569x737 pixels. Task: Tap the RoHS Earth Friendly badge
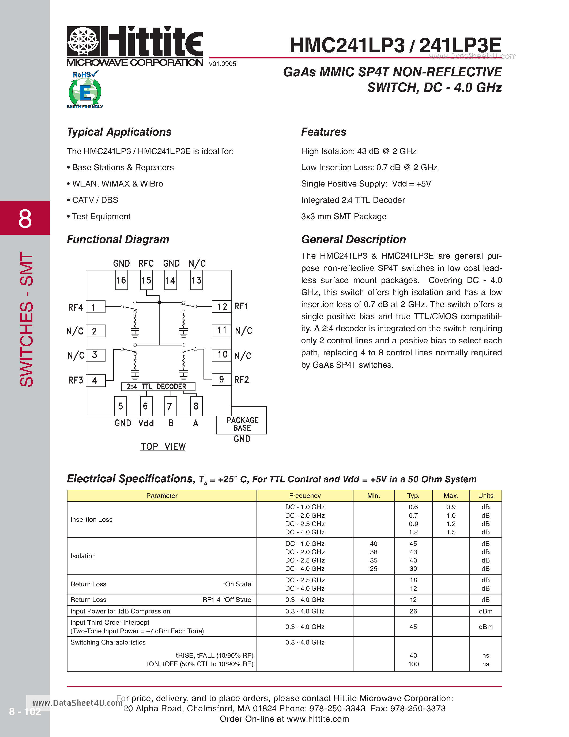coord(85,90)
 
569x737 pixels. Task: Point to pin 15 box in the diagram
coord(146,280)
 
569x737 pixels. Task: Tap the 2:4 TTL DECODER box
coord(158,387)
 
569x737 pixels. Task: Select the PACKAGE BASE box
coord(242,424)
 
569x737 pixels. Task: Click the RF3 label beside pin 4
coord(76,381)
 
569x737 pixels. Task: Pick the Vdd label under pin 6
coord(146,423)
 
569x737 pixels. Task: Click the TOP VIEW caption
coord(163,446)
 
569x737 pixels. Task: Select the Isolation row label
coord(83,556)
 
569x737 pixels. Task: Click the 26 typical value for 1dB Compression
coord(413,611)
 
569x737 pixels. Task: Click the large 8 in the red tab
coord(25,219)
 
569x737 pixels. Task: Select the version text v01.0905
coord(223,64)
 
